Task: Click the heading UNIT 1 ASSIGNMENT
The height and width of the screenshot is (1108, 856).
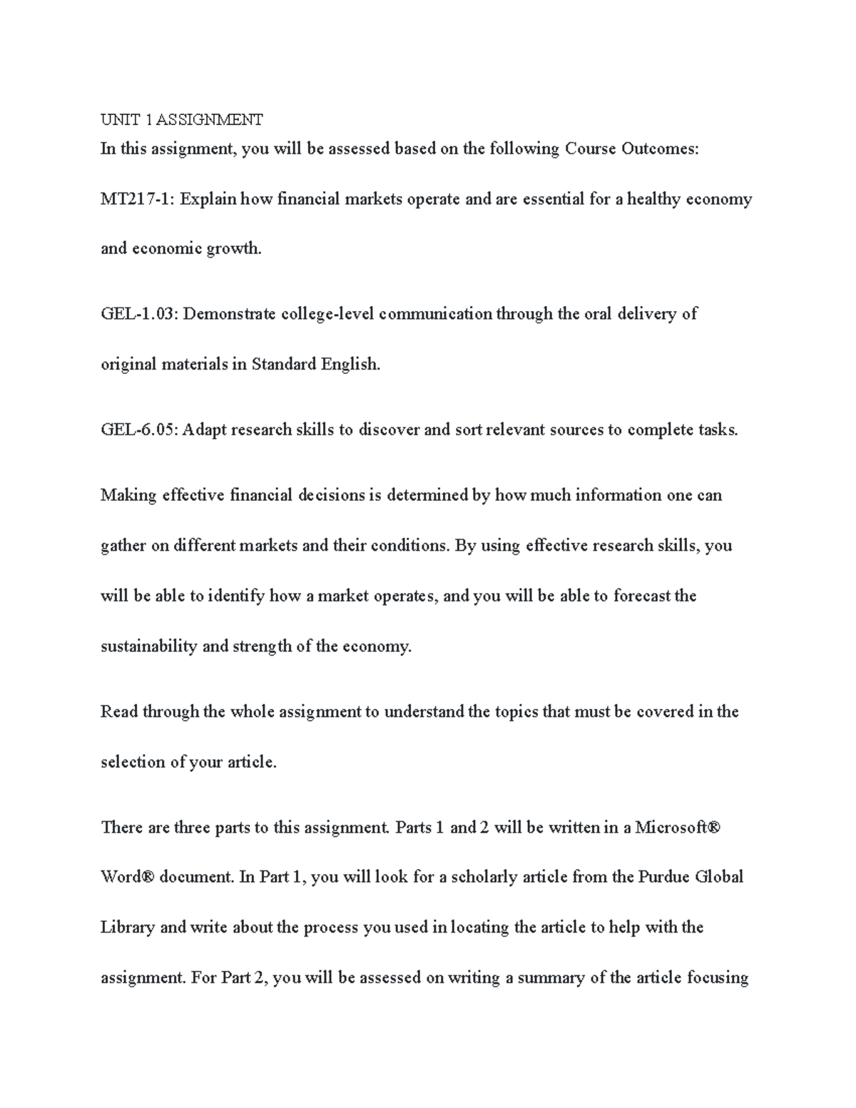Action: point(182,119)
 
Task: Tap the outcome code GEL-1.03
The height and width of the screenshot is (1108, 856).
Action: point(140,314)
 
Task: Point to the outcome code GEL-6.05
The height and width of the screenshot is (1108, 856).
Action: point(140,430)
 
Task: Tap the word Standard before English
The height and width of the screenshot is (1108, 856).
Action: point(283,364)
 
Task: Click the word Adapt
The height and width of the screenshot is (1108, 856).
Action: point(204,430)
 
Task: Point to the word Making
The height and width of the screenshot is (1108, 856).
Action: point(128,495)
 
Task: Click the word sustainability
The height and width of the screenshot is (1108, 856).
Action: point(148,646)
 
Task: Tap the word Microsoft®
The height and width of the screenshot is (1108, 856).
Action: point(678,828)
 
